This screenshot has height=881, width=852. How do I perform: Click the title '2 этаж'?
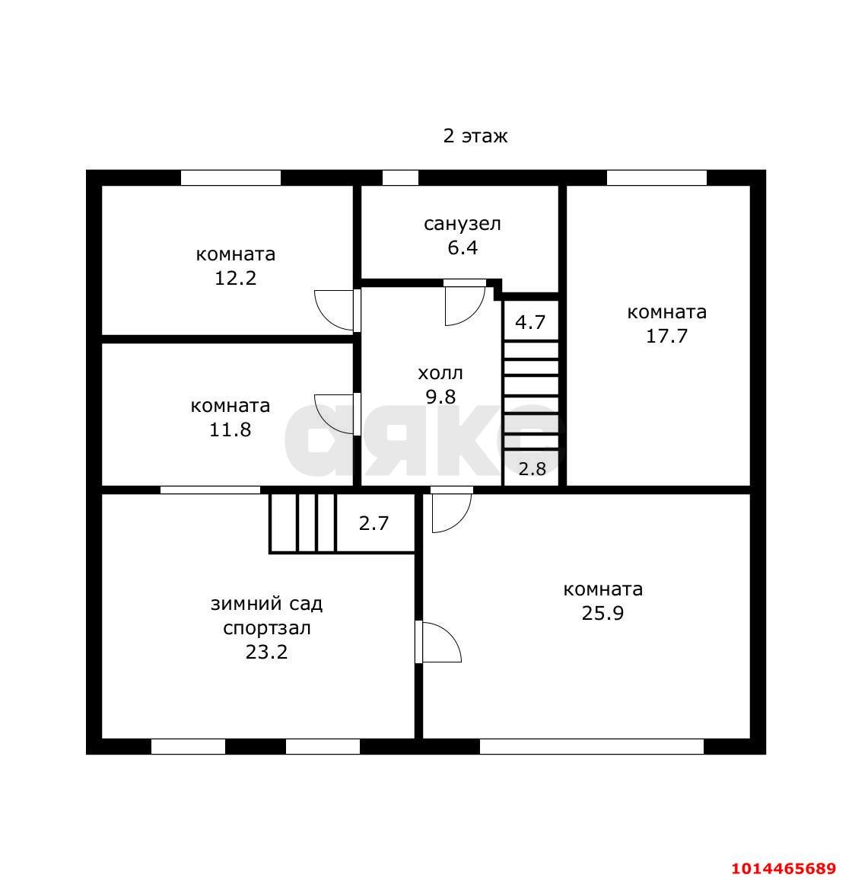coord(475,136)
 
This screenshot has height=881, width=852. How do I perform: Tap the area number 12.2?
coord(235,278)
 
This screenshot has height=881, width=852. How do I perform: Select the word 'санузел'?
coord(462,224)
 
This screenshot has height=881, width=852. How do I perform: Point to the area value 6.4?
coord(463,247)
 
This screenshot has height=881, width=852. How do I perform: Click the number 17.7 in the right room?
coord(666,336)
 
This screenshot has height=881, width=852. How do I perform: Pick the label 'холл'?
coord(440,373)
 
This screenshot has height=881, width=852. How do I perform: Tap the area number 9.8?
coord(440,397)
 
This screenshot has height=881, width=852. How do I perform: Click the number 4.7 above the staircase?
coord(529,323)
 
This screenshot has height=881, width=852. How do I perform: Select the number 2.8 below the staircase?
coord(532,469)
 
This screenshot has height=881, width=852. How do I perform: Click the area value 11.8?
coord(230,429)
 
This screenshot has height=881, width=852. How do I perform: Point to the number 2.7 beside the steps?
coord(374,524)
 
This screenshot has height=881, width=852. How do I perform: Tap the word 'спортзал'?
coord(266,628)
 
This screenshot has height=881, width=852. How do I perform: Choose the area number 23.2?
coord(266,653)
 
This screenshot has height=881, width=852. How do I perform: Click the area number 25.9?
coord(602,614)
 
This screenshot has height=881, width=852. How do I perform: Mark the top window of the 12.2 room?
coord(230,177)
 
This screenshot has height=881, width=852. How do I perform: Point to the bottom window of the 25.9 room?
coord(592,746)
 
